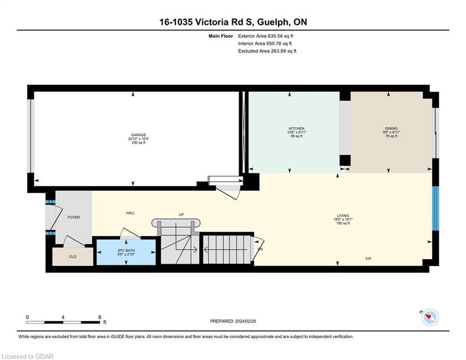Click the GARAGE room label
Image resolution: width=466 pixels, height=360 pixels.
click(x=139, y=135)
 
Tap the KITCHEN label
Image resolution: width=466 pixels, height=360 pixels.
click(x=296, y=128)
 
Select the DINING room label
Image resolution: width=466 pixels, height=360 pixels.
click(x=391, y=128)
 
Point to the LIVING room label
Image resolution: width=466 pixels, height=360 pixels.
click(x=343, y=216)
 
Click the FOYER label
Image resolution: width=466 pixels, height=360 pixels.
click(x=74, y=217)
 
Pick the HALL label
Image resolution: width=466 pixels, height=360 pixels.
click(x=131, y=213)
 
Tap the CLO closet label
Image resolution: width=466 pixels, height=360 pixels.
click(x=73, y=256)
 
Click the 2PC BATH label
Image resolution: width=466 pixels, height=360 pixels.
click(x=126, y=250)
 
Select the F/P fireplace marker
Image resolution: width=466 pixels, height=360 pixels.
click(x=368, y=259)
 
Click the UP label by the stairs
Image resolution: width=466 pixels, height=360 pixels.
click(x=181, y=215)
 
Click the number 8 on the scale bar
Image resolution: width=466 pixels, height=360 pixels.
click(x=100, y=317)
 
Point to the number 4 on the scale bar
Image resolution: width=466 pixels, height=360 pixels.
click(x=63, y=317)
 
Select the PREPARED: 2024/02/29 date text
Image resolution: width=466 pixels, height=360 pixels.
click(x=233, y=321)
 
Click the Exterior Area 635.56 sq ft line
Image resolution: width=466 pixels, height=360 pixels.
click(x=266, y=36)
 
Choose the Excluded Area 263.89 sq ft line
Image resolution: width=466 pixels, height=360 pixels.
click(x=267, y=51)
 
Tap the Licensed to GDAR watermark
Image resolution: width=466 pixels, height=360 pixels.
click(x=27, y=356)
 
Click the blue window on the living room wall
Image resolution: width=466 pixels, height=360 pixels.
click(x=435, y=208)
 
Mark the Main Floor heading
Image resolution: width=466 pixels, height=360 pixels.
click(x=221, y=36)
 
